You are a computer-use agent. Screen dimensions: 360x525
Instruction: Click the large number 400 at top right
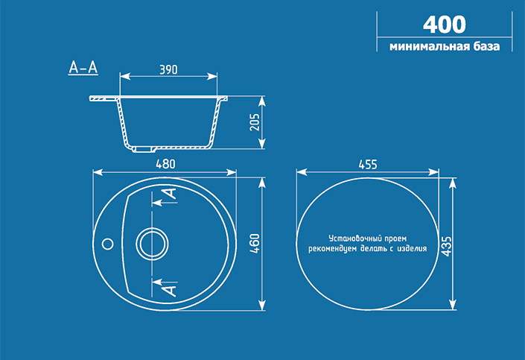444,24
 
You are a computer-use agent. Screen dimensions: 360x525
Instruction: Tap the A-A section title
83,67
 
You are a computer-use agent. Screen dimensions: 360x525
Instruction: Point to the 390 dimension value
168,69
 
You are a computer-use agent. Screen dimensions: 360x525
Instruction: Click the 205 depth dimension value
255,122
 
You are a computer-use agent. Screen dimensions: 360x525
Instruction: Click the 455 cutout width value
367,164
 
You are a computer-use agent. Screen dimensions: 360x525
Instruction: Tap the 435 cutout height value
445,243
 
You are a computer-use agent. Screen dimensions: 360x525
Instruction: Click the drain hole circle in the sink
153,244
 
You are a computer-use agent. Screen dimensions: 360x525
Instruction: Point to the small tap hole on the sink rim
106,243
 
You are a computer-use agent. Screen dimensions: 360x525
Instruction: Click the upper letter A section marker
171,194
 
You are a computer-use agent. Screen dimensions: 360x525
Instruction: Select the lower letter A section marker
171,288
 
